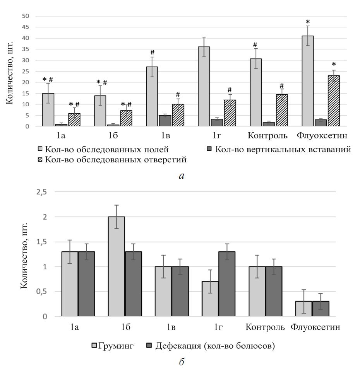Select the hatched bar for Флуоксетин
[334, 101]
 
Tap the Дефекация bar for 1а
[86, 284]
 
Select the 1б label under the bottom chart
[125, 327]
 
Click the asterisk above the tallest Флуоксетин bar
[308, 22]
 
